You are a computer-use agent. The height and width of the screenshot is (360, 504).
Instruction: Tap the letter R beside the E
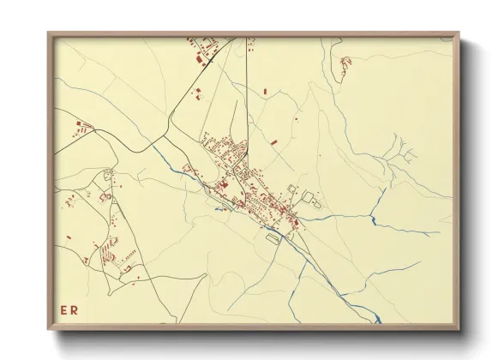[x=74, y=310]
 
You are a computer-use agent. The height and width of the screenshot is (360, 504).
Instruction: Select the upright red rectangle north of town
[x=265, y=91]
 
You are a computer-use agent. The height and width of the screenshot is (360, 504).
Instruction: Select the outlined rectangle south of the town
[x=274, y=238]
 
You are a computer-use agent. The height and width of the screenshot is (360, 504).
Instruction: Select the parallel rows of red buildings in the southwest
[x=109, y=254]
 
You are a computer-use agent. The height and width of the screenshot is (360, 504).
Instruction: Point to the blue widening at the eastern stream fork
[x=374, y=221]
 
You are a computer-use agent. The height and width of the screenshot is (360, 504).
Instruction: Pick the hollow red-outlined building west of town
[x=106, y=197]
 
